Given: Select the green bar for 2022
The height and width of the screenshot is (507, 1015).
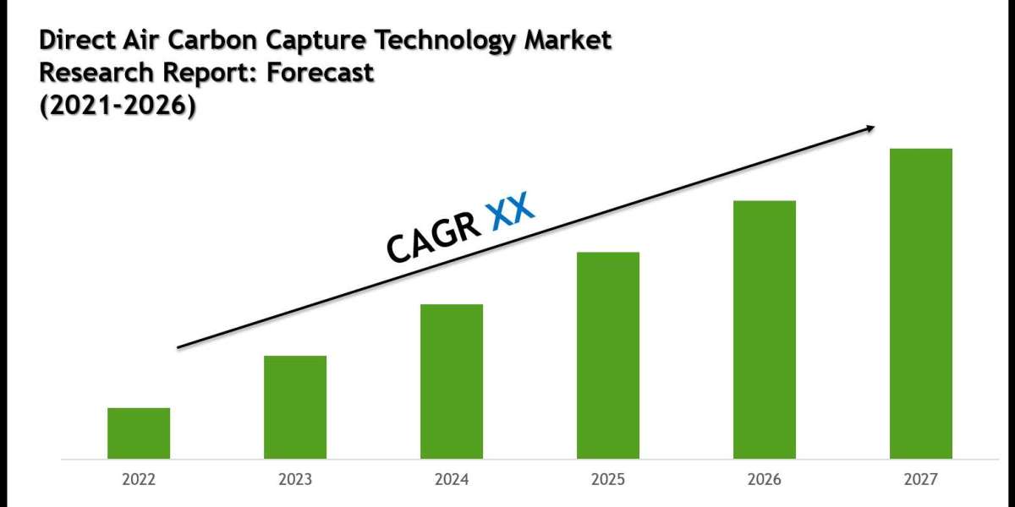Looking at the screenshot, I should [x=139, y=433].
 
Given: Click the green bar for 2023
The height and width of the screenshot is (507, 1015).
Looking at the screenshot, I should [x=295, y=407].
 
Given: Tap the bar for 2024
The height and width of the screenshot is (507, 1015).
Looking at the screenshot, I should [x=452, y=381].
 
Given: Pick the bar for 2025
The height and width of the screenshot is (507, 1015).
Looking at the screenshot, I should [x=608, y=355].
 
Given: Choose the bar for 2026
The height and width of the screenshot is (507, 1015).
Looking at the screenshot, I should [x=765, y=330].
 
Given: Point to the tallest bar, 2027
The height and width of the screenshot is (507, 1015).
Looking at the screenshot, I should [x=921, y=303].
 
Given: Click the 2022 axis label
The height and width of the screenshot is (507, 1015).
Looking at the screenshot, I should [x=139, y=480].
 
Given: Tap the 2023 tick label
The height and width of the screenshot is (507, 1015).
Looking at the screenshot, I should [x=295, y=480].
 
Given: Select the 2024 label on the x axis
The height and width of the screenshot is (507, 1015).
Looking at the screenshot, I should [x=452, y=480].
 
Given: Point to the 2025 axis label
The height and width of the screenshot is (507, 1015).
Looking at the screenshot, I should [x=608, y=480].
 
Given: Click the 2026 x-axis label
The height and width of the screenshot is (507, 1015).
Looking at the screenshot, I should [x=765, y=480].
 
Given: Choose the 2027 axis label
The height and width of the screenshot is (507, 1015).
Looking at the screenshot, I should [x=921, y=480].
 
